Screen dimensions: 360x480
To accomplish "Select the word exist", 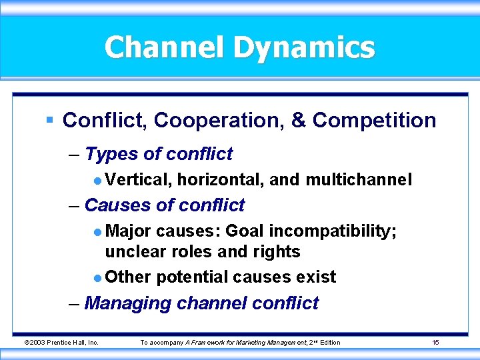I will (x=315, y=277).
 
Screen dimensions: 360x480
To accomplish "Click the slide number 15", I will (x=435, y=343).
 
